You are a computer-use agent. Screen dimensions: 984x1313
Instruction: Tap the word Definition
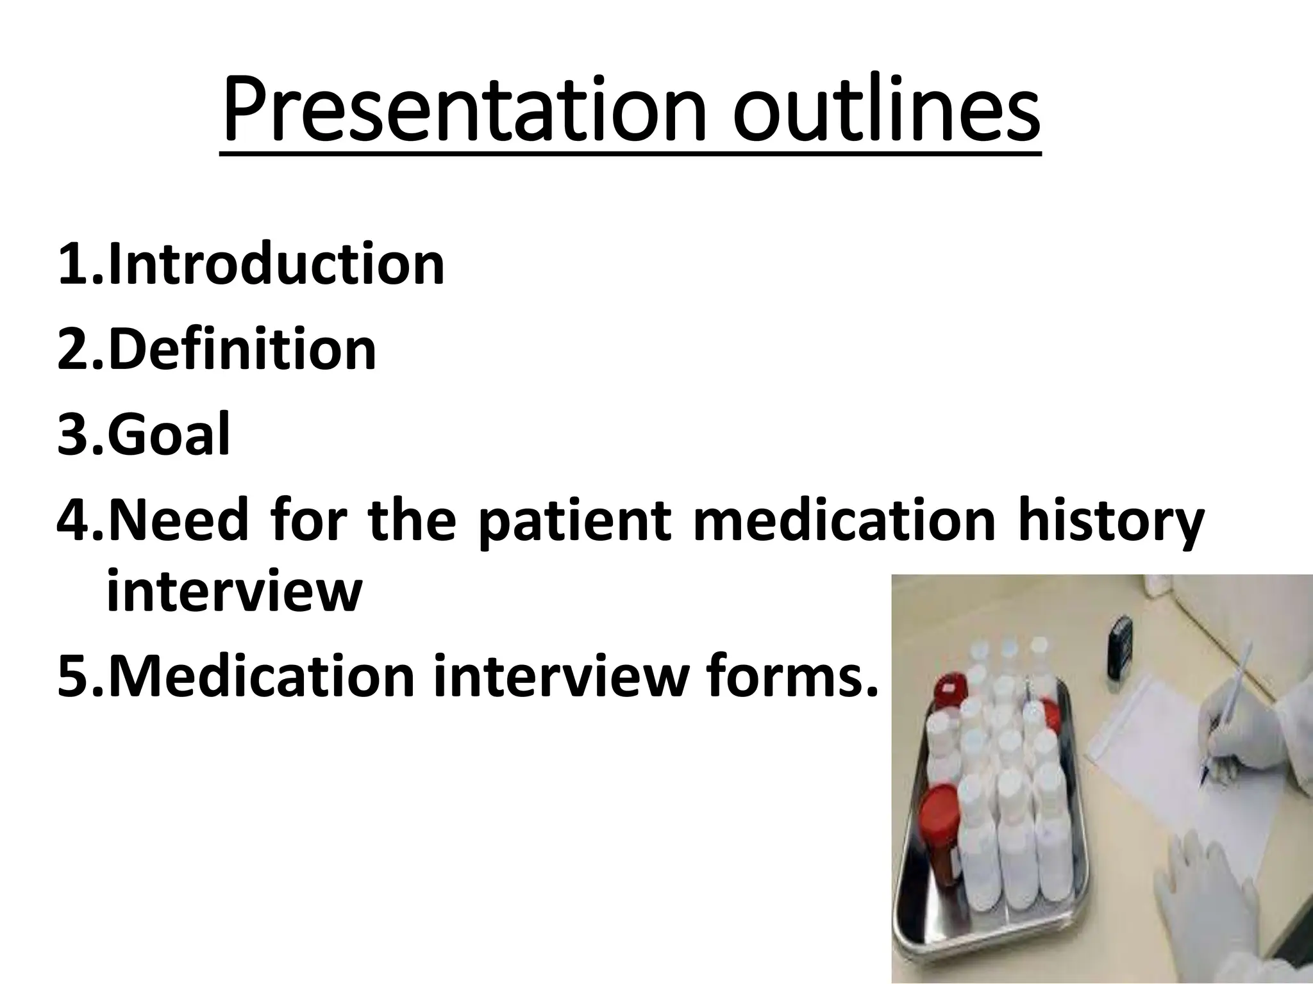coord(242,350)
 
